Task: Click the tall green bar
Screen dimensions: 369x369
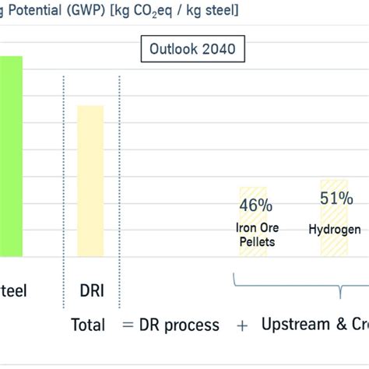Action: [x=11, y=156]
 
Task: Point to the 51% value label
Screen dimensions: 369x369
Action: [x=335, y=199]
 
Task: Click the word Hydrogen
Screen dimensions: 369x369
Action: [x=335, y=230]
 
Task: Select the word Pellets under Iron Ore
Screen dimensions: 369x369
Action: [x=257, y=241]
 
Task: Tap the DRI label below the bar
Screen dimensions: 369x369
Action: [x=90, y=291]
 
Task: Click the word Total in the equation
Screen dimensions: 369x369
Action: [x=88, y=325]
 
